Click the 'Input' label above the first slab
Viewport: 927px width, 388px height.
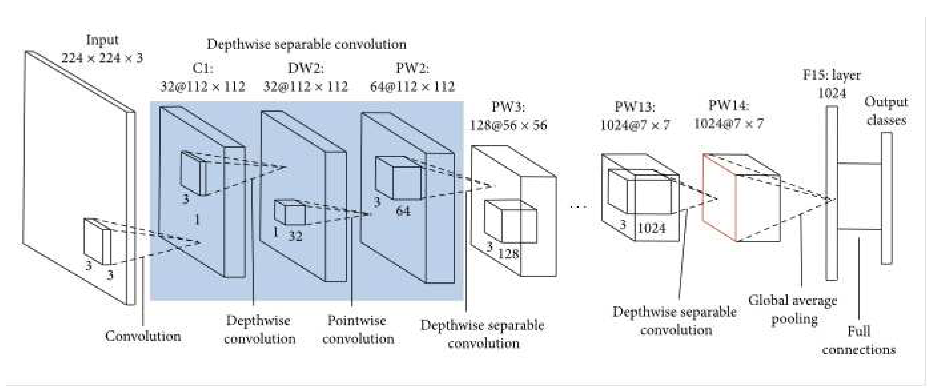point(102,40)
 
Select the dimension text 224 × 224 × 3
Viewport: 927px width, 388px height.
point(102,57)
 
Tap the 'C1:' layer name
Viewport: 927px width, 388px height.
point(203,68)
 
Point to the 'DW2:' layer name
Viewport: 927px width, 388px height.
point(306,68)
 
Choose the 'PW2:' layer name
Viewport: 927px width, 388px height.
point(412,68)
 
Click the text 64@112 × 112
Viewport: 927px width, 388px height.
point(412,87)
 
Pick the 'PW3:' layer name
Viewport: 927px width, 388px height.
point(508,107)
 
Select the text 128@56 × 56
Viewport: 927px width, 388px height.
point(508,125)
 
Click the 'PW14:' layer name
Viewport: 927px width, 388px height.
point(729,105)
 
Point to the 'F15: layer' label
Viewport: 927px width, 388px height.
point(831,75)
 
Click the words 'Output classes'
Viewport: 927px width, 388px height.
point(886,111)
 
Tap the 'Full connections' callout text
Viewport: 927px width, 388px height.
point(859,340)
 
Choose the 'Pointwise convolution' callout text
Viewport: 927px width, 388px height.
point(358,329)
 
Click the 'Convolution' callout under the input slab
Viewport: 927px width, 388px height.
point(143,336)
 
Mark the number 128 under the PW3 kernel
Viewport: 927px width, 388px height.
point(508,254)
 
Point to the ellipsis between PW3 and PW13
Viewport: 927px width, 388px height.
point(579,206)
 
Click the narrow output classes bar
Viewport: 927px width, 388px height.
point(886,198)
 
